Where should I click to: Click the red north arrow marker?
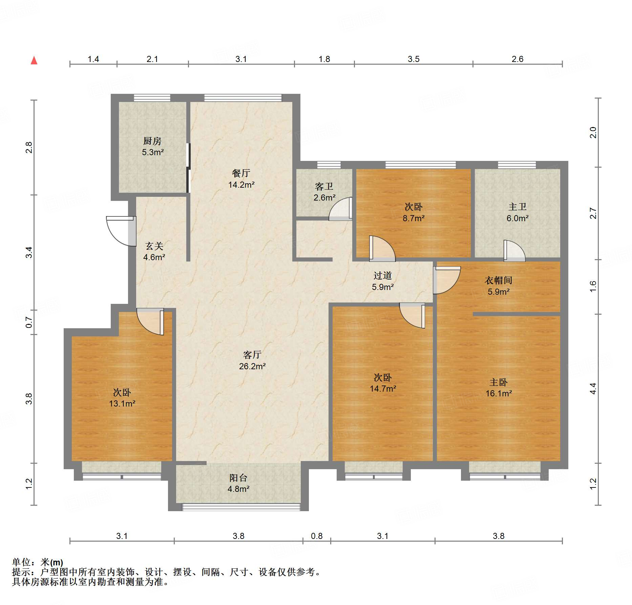pos(34,61)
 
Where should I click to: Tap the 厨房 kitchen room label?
pos(152,141)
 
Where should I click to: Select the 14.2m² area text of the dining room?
pos(241,185)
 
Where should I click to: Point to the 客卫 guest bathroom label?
pos(324,186)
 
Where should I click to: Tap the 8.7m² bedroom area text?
pos(413,218)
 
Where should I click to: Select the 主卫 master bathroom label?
pos(517,207)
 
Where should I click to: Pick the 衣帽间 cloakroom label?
pos(498,280)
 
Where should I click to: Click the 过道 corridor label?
pos(382,275)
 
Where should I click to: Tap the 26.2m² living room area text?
pos(252,366)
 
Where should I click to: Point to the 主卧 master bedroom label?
pos(498,382)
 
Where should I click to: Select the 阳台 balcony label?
pos(238,478)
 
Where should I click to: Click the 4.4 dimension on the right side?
pos(593,388)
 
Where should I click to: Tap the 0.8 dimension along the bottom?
pos(317,536)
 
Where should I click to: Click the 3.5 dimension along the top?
pos(413,59)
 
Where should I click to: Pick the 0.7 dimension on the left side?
pos(29,322)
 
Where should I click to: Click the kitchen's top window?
pos(152,98)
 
